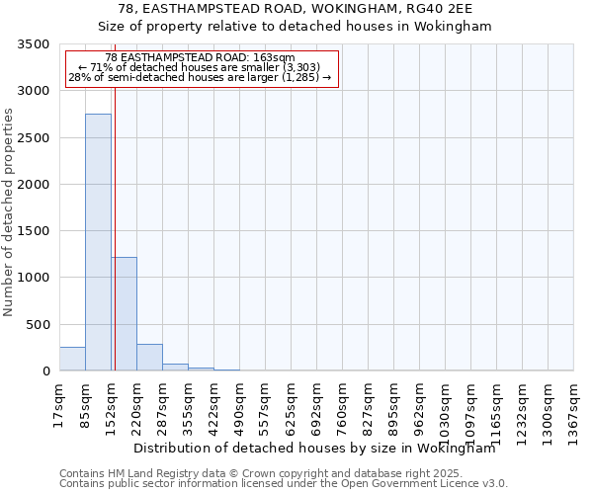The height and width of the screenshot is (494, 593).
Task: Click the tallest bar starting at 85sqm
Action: tap(98, 242)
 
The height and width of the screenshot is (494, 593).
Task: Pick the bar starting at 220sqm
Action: tap(149, 358)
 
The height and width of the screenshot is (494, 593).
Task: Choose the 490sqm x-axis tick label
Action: tap(239, 403)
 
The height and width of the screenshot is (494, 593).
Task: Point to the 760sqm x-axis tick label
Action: tap(342, 403)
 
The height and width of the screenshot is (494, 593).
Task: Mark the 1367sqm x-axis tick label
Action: tap(573, 407)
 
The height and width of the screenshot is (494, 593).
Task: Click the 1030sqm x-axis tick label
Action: tap(445, 407)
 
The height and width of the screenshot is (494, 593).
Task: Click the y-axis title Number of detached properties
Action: tap(9, 212)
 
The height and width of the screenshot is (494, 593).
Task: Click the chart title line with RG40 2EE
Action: tap(296, 9)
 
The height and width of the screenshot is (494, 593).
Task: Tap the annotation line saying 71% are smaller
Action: tap(202, 67)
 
